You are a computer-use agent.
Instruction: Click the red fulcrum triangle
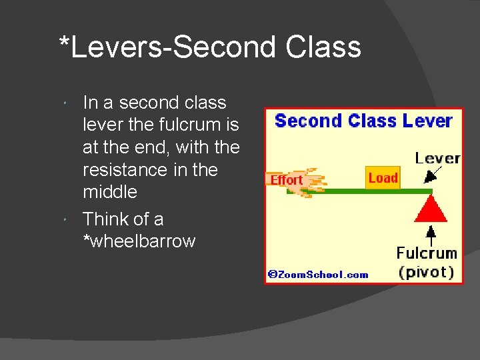[431, 209]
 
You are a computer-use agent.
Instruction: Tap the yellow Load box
[383, 177]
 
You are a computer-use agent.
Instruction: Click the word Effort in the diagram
[286, 180]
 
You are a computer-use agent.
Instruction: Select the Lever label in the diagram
[437, 158]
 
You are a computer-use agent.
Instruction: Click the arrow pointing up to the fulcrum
[431, 234]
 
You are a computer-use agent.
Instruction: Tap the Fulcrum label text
[427, 253]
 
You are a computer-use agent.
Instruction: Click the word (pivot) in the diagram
[427, 272]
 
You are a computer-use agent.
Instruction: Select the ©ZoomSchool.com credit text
[318, 274]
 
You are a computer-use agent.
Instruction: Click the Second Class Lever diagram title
[363, 121]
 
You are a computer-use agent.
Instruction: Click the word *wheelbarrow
[139, 241]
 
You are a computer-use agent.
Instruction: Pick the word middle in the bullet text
[109, 192]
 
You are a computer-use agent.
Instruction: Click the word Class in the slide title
[323, 47]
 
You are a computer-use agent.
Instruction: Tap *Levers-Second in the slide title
[167, 47]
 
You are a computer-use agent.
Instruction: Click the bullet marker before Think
[68, 220]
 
